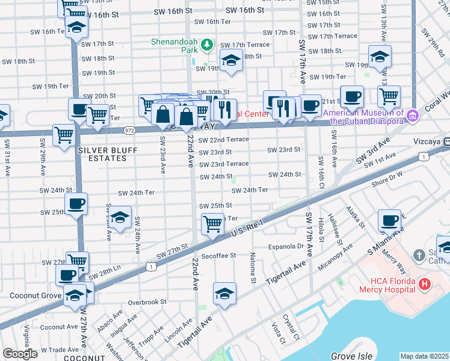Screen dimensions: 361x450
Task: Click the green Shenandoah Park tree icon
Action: pos(207,45)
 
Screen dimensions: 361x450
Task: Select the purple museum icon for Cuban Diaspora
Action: pos(413,114)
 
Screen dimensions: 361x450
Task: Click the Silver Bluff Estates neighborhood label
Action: pos(102,153)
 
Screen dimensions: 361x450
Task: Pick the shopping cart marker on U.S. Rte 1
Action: pos(212,224)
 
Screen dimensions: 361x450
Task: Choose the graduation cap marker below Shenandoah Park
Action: pos(231,60)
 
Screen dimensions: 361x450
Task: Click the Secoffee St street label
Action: pos(218,256)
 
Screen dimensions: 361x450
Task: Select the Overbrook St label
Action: pos(147,302)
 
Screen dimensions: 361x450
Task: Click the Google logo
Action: pos(20,354)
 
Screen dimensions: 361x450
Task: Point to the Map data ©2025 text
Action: pos(424,356)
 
